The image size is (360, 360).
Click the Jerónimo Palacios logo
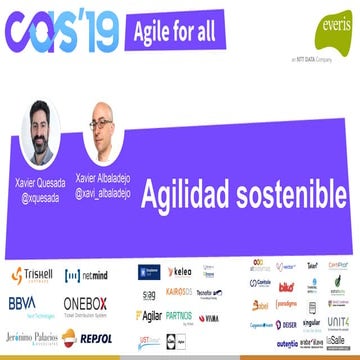point(30,337)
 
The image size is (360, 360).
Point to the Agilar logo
point(148,316)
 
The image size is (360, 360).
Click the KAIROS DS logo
point(181,294)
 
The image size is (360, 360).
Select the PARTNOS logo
point(179,316)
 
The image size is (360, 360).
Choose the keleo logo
point(180,272)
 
